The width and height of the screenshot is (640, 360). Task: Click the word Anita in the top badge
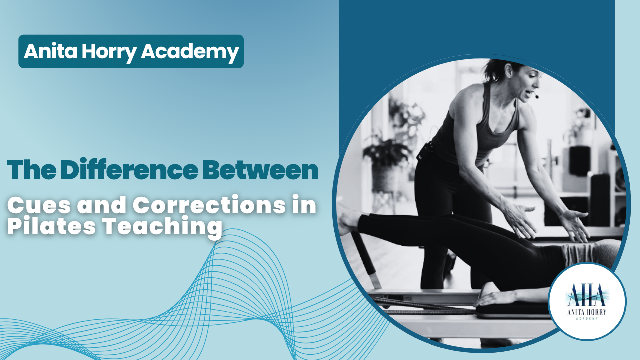tap(50, 51)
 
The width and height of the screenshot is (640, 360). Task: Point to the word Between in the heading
tap(260, 170)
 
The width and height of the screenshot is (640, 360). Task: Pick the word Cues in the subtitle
tap(39, 205)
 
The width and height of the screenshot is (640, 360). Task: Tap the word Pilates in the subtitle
tap(51, 225)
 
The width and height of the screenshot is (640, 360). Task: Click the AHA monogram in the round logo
tap(586, 295)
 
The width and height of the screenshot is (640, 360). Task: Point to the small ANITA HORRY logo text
tap(587, 312)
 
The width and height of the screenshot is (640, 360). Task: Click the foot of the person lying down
tap(348, 219)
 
